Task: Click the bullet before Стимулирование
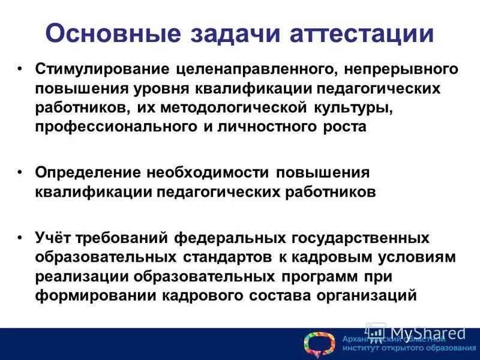[x=21, y=69]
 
